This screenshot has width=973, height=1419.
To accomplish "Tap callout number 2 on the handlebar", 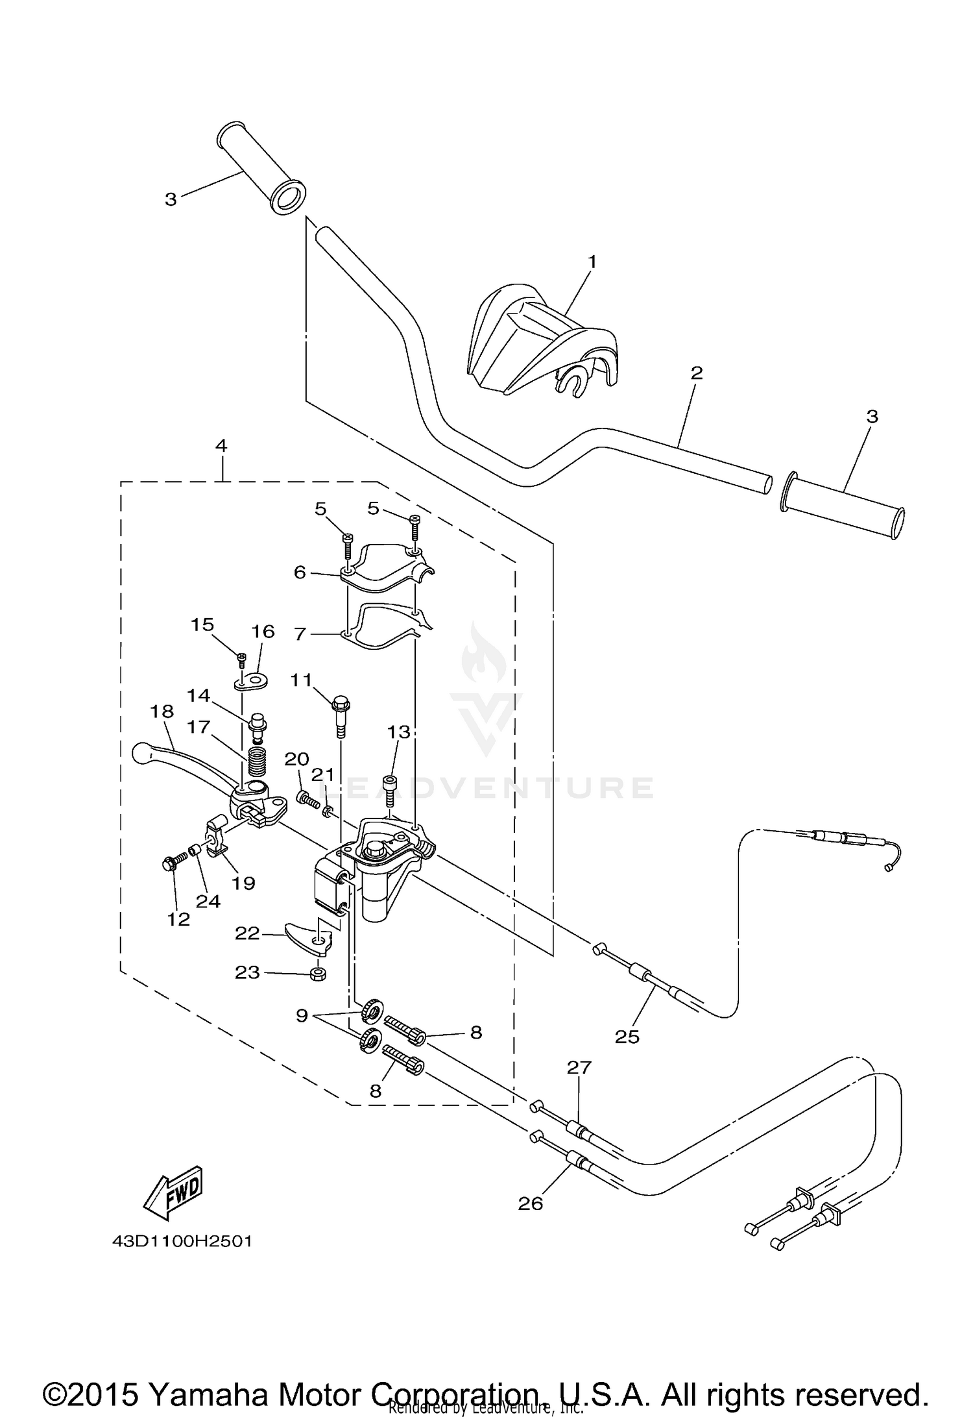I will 696,373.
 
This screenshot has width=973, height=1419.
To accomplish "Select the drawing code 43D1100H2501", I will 182,1241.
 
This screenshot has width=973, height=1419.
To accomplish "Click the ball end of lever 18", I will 140,752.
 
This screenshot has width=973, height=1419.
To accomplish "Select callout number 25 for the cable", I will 627,1037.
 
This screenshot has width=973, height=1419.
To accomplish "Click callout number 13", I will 399,732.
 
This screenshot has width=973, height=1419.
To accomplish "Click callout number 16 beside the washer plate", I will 263,632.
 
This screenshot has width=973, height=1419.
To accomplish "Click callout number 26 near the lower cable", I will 530,1203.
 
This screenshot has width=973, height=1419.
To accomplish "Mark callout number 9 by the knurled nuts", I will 302,1016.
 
